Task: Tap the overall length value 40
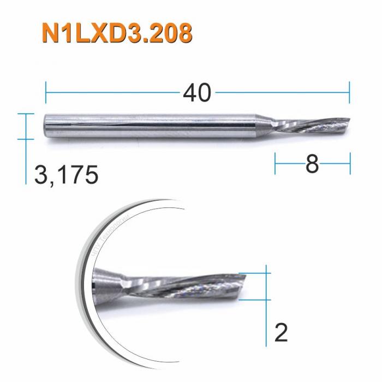(x=197, y=93)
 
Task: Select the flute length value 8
(x=312, y=163)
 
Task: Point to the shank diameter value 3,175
(x=66, y=176)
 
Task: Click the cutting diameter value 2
(x=280, y=332)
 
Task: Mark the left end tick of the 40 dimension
(x=46, y=93)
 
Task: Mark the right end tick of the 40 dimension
(x=349, y=93)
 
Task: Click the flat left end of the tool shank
(x=45, y=126)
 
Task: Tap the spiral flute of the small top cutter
(x=311, y=125)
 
